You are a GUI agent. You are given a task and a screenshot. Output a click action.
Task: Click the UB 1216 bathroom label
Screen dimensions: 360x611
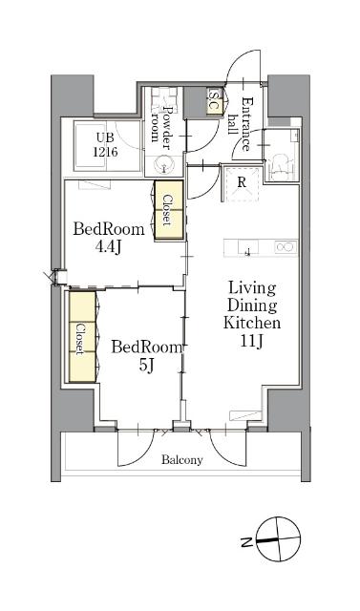point(105,144)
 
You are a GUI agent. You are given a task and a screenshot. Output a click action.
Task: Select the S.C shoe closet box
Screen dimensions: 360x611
point(215,101)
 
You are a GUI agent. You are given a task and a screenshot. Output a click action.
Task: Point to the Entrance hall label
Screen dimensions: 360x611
point(241,124)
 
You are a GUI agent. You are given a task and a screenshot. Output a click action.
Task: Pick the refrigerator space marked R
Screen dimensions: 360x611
point(242,183)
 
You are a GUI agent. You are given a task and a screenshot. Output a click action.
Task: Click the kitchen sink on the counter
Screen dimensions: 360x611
point(248,248)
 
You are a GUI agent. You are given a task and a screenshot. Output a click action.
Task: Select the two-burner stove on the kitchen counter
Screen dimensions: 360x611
point(286,247)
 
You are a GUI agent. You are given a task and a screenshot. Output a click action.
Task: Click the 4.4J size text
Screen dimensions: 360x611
point(109,246)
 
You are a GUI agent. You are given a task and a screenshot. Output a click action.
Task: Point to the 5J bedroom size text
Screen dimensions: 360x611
point(145,365)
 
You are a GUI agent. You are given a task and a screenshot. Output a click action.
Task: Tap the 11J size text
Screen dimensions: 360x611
point(252,341)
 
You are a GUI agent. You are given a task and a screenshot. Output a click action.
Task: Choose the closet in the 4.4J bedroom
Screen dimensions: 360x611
point(169,210)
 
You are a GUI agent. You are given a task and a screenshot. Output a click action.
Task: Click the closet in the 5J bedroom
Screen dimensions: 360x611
point(82,337)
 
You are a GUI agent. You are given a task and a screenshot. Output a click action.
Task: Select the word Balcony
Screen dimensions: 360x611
point(182,460)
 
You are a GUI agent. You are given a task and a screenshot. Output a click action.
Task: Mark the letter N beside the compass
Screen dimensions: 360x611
point(245,541)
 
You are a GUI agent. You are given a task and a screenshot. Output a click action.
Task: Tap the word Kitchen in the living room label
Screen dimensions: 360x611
point(252,323)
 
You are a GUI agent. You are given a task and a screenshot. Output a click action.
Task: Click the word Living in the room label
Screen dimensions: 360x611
point(252,289)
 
